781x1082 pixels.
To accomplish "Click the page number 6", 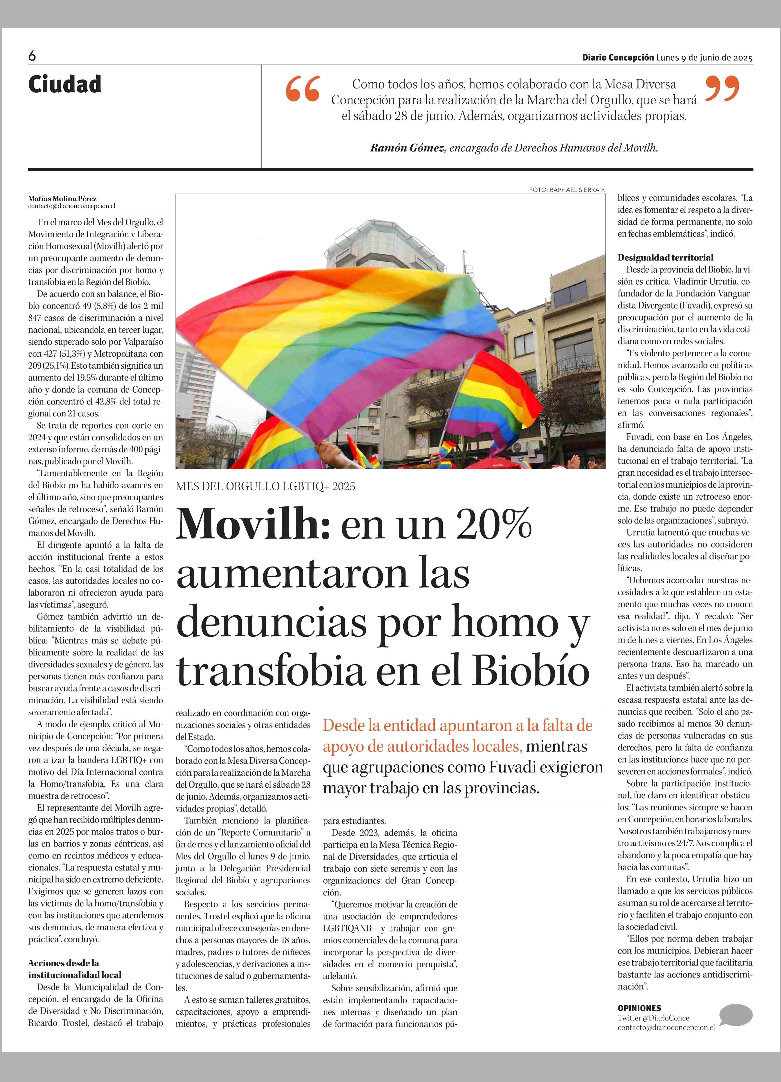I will point(32,56).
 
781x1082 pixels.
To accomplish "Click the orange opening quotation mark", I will point(303,89).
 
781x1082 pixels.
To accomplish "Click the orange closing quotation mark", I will point(722,88).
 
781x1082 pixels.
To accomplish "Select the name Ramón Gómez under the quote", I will point(408,148).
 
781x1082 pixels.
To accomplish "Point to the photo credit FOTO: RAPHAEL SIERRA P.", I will point(567,190).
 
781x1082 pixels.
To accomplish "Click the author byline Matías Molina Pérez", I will point(62,198).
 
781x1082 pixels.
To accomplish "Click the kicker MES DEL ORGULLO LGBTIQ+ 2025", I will point(265,487).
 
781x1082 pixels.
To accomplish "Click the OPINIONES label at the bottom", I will point(639,1008).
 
